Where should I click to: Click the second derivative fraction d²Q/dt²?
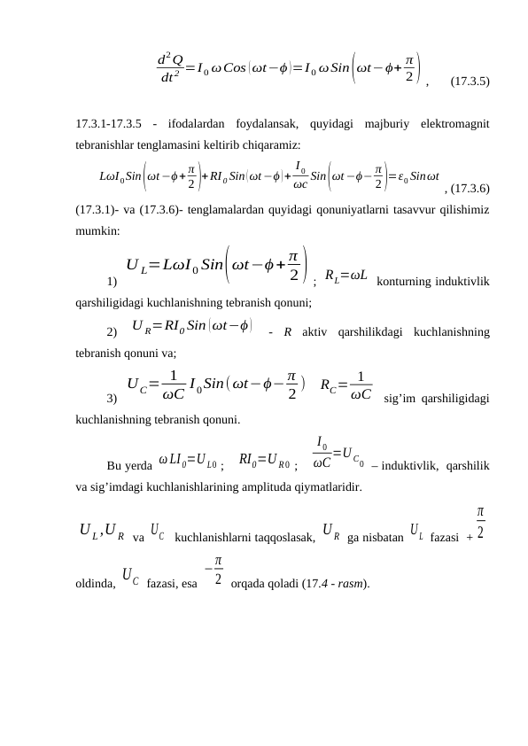170,66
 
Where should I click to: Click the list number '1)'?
113,281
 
